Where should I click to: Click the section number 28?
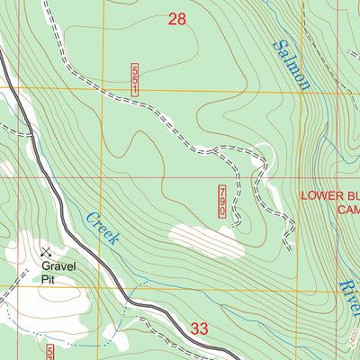point(177,18)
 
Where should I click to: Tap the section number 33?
point(200,329)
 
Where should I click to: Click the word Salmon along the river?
point(292,66)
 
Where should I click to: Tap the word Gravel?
point(57,266)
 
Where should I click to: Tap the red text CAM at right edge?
point(348,209)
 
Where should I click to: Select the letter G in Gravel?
point(41,266)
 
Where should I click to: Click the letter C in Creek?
point(91,214)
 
